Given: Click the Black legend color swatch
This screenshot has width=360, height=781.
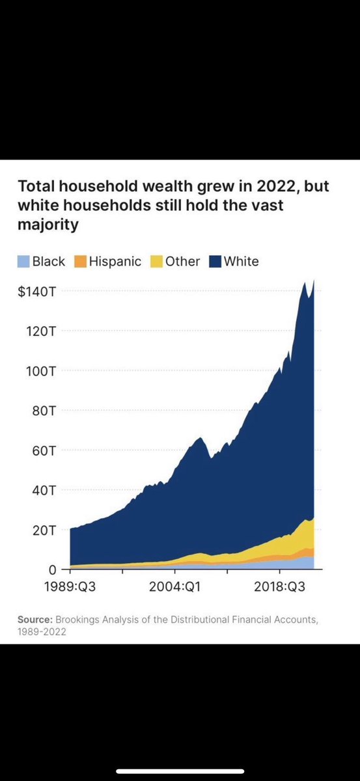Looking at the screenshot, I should (24, 262).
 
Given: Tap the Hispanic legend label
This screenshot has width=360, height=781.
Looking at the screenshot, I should (115, 262).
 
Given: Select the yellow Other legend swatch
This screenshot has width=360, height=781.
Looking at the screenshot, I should (157, 262).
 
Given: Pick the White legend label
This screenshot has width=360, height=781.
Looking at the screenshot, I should (241, 262).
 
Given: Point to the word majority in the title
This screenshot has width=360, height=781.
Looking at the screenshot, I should (48, 225).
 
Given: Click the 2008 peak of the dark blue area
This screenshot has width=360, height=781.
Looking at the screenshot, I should (200, 438).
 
